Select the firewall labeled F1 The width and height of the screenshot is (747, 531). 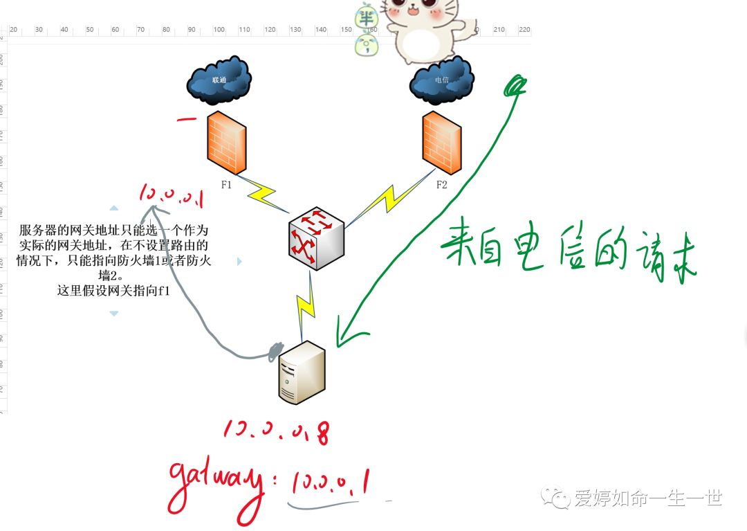(226, 143)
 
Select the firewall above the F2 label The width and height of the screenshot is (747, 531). (441, 143)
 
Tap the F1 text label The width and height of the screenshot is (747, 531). (226, 185)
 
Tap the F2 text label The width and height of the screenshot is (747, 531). (441, 185)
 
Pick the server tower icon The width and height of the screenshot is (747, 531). (302, 372)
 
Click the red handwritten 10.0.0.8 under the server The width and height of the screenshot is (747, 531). (276, 431)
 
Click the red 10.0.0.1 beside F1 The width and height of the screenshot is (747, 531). (171, 195)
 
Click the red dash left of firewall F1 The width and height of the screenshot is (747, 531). (186, 119)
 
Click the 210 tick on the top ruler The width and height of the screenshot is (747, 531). (499, 30)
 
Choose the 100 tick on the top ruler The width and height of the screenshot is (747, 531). (219, 30)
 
